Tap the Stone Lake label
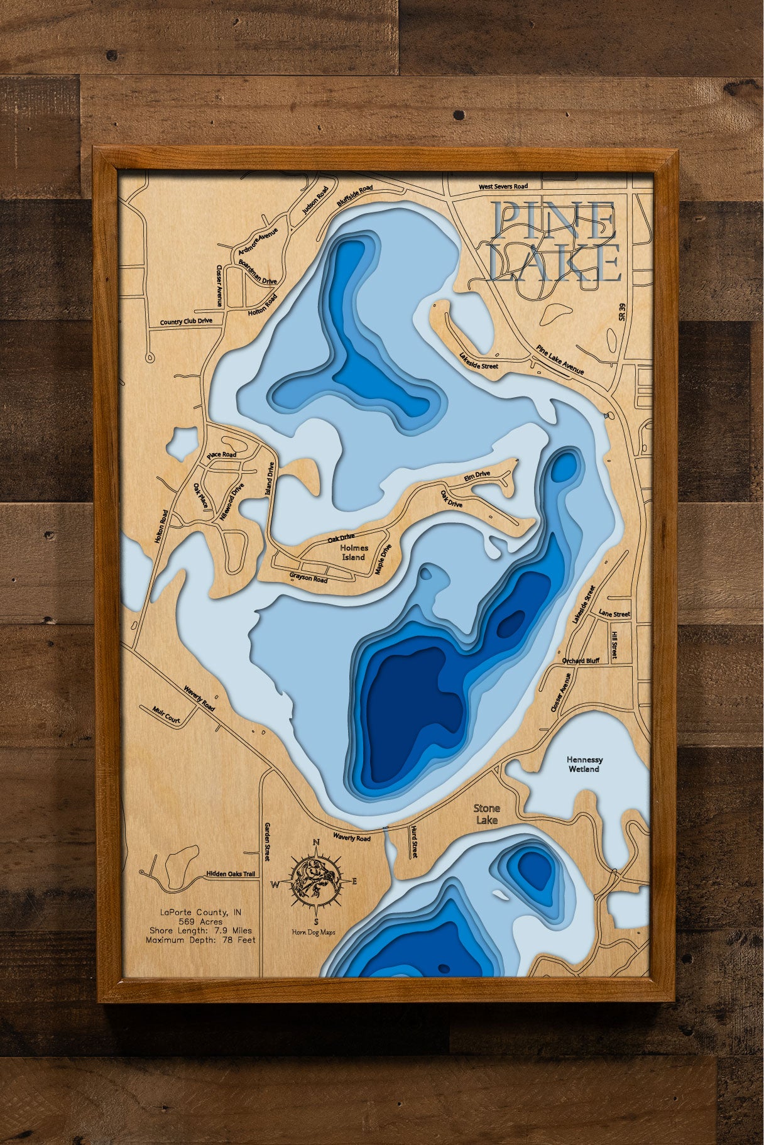pyautogui.click(x=487, y=814)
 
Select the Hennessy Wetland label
pyautogui.click(x=584, y=764)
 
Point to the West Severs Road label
pyautogui.click(x=503, y=187)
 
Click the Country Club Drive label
pyautogui.click(x=186, y=322)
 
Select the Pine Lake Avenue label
pyautogui.click(x=560, y=359)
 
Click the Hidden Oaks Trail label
pyautogui.click(x=232, y=874)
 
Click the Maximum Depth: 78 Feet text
pyautogui.click(x=200, y=940)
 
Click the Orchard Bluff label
pyautogui.click(x=581, y=661)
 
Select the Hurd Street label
pyautogui.click(x=414, y=841)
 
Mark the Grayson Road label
pyautogui.click(x=308, y=577)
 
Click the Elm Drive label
pyautogui.click(x=477, y=477)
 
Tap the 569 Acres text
pyautogui.click(x=200, y=921)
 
